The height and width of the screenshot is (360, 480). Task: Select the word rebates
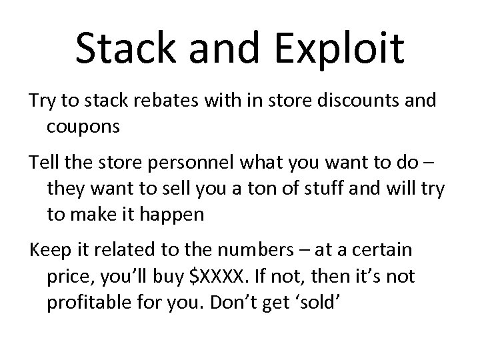(159, 101)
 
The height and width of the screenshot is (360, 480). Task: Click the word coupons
(83, 126)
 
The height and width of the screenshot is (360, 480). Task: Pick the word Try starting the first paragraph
(41, 101)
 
